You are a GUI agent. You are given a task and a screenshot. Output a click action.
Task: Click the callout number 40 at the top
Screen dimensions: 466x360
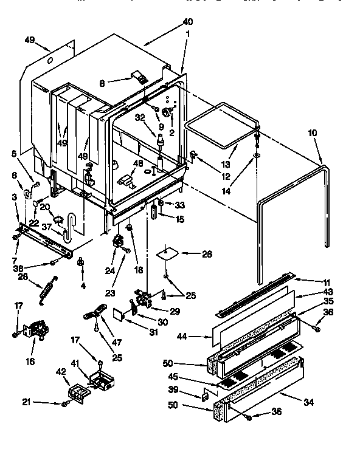187,22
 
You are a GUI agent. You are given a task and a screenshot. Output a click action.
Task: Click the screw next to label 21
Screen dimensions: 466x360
64,403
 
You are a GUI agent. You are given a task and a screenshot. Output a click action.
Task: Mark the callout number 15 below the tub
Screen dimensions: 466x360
179,219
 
